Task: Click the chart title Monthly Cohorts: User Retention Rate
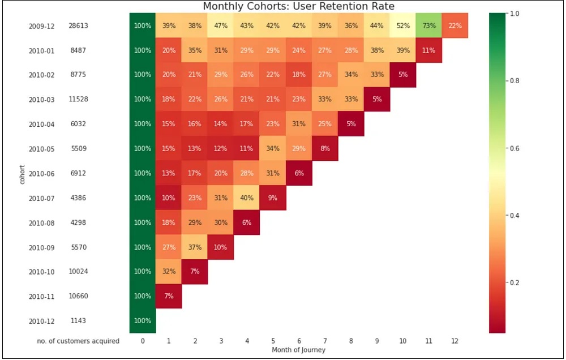point(298,6)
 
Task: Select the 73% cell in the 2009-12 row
point(429,25)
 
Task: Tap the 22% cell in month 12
point(455,25)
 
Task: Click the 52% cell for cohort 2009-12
point(403,25)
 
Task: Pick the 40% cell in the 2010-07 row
point(247,198)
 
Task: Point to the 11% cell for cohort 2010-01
point(429,50)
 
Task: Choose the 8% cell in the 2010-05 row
point(325,148)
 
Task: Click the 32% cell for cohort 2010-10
point(169,271)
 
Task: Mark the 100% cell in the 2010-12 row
point(143,320)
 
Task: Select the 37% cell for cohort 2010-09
point(195,247)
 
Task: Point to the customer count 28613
point(78,26)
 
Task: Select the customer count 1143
point(78,321)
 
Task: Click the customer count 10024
point(78,272)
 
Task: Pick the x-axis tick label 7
point(325,341)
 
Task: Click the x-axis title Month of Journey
point(298,350)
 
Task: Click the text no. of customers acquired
point(85,341)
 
